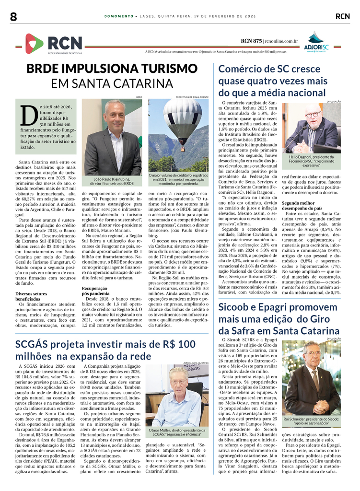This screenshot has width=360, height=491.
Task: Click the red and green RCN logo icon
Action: pos(34,43)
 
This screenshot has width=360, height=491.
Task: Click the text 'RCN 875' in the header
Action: pos(251,41)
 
